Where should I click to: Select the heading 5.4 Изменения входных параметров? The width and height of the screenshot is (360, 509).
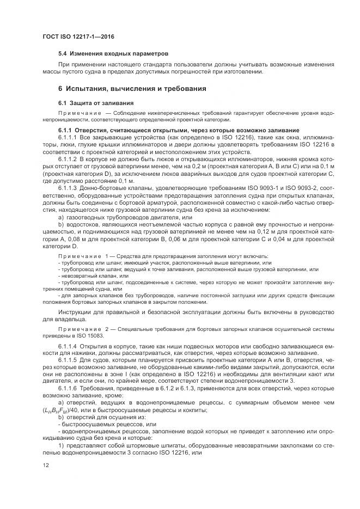(113, 54)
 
